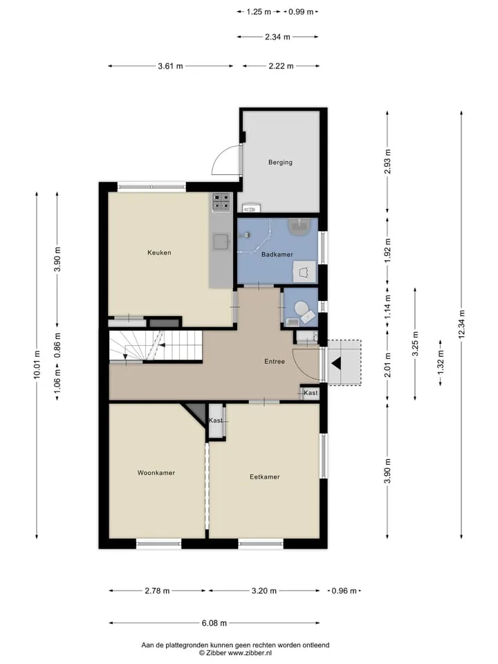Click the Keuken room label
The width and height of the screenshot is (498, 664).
click(x=159, y=252)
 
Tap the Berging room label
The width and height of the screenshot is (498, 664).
click(x=280, y=162)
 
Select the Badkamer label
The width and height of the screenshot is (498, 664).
click(x=277, y=254)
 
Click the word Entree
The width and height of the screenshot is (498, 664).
click(x=275, y=361)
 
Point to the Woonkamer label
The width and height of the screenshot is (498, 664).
click(x=156, y=472)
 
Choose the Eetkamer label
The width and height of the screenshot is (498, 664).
click(x=265, y=477)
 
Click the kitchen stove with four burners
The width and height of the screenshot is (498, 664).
click(x=221, y=202)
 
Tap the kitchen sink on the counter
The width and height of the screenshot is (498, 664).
click(x=221, y=242)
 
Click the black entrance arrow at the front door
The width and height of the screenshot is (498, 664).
click(x=337, y=363)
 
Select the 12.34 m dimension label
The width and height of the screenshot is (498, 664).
click(x=461, y=324)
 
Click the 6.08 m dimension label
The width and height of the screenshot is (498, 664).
click(x=214, y=623)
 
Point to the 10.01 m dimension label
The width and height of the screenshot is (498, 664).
click(x=37, y=365)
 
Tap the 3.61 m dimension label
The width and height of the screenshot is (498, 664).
click(x=170, y=66)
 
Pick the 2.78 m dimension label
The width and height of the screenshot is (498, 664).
click(x=157, y=591)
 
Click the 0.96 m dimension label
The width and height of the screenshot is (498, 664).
click(x=344, y=591)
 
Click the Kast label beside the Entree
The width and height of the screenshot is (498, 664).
click(x=311, y=393)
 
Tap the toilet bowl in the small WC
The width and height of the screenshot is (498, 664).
click(x=302, y=308)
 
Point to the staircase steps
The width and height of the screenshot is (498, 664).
click(x=155, y=346)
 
